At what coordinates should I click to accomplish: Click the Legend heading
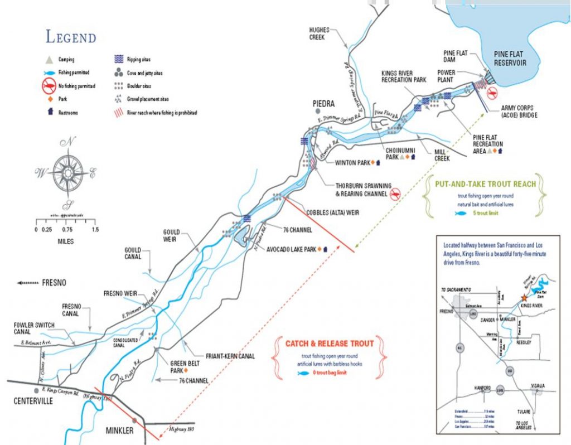(71, 37)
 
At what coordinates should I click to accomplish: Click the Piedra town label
(323, 104)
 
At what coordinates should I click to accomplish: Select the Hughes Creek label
(317, 33)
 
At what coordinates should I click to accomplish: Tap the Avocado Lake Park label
(291, 249)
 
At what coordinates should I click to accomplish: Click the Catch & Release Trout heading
(330, 343)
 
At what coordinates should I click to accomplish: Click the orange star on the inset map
(523, 299)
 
